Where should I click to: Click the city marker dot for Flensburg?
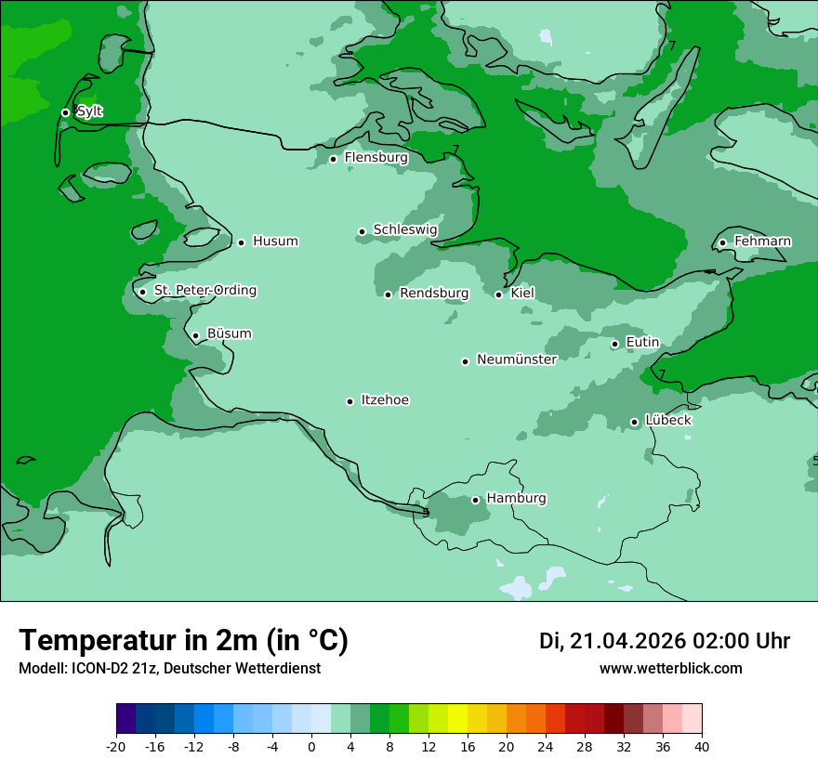pos(333,159)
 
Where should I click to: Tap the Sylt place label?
pos(89,111)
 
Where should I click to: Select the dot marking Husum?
pos(241,242)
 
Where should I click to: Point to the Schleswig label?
pos(404,229)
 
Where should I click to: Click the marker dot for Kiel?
pos(498,294)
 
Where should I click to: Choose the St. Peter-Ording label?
pos(204,291)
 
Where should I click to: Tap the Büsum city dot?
pos(195,335)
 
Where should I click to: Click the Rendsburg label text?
pos(434,294)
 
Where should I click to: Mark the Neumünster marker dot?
pos(465,361)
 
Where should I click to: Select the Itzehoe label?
pos(385,400)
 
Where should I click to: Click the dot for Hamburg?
pos(475,500)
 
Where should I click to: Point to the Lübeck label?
pos(668,420)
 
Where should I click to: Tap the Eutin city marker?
pos(614,344)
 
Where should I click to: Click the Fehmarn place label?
pos(762,242)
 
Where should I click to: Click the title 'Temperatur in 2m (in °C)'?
pos(183,641)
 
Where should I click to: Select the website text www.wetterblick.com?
pos(670,669)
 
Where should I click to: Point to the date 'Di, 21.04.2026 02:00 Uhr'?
pos(664,641)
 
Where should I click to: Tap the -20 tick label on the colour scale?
pos(116,747)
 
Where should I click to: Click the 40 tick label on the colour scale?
pos(702,747)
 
